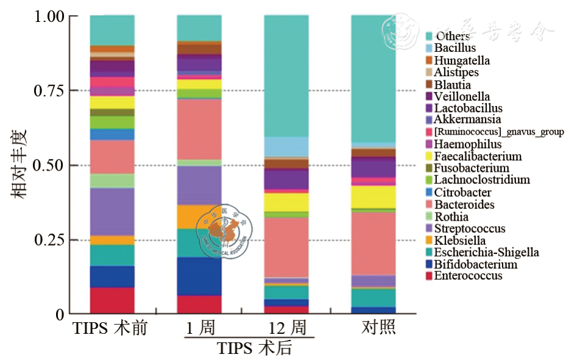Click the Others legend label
[x=452, y=37]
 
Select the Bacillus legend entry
[x=455, y=48]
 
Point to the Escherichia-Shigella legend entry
[x=486, y=252]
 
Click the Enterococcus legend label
[x=468, y=276]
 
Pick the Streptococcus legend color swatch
[x=429, y=228]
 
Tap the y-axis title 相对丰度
[x=18, y=164]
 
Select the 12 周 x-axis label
[x=287, y=328]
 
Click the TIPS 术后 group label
[x=255, y=348]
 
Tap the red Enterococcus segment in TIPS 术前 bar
[x=112, y=300]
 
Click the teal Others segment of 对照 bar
[x=373, y=79]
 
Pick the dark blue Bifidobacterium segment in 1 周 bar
[x=199, y=276]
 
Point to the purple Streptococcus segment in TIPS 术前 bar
[x=112, y=211]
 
